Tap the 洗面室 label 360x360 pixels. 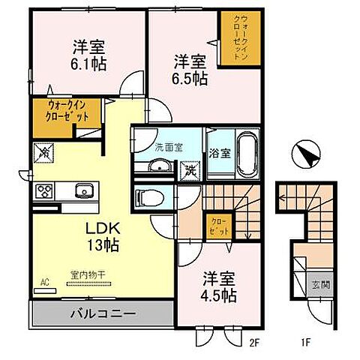click(169, 148)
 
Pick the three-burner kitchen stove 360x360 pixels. click(44, 190)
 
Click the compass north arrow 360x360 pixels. click(307, 155)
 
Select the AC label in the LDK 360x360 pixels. click(44, 283)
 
